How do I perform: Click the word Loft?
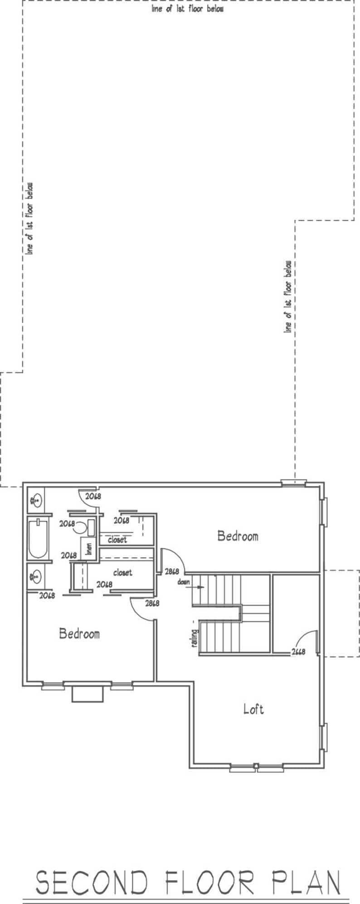pos(253,709)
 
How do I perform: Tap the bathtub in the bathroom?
pos(38,539)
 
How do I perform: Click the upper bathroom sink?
pos(35,501)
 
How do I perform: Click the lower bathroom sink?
pos(35,577)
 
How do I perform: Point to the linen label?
pos(89,549)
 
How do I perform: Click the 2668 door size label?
pos(298,652)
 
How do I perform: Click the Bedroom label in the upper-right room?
pos(238,536)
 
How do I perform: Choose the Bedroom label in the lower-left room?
pos(79,633)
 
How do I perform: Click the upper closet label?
pos(117,540)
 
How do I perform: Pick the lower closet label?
pos(122,573)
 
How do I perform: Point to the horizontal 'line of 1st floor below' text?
pos(187,9)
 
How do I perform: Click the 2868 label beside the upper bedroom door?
pos(171,572)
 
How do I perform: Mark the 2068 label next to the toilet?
pos(67,523)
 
